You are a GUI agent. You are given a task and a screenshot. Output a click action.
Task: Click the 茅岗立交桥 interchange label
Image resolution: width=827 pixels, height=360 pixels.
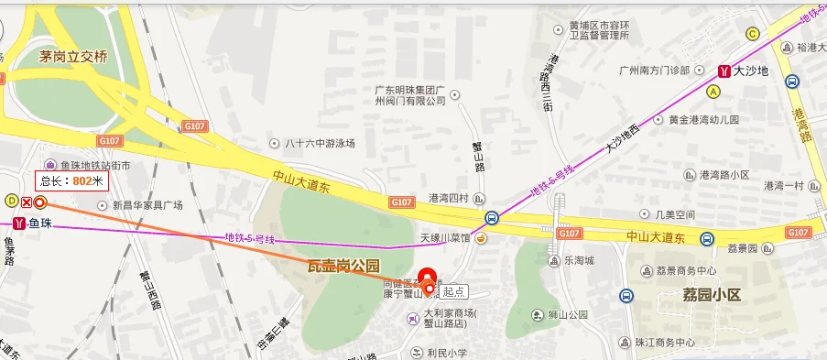pyautogui.click(x=73, y=57)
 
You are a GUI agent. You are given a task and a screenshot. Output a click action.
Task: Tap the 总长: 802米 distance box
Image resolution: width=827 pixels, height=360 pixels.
pyautogui.click(x=72, y=180)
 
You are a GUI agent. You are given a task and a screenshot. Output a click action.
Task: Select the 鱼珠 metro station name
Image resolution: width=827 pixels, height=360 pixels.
pyautogui.click(x=40, y=224)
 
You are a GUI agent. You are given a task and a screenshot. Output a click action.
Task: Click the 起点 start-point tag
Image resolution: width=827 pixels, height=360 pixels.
pyautogui.click(x=453, y=291)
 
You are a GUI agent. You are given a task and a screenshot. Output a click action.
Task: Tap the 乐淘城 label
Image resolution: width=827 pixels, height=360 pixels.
pyautogui.click(x=579, y=260)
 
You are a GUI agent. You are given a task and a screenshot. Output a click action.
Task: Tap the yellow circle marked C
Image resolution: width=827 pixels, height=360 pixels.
pyautogui.click(x=753, y=34)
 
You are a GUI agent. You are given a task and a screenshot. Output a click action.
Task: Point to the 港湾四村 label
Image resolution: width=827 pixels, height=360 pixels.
pyautogui.click(x=449, y=198)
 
